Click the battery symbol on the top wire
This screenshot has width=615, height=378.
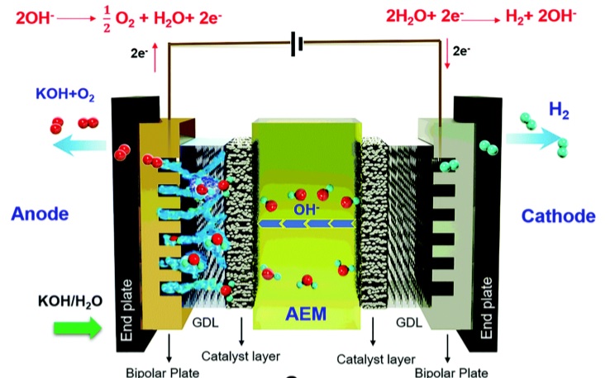pyautogui.click(x=297, y=44)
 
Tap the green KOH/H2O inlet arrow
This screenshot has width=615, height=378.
pyautogui.click(x=77, y=328)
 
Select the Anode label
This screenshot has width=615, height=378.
pyautogui.click(x=40, y=214)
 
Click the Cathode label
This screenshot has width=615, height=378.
pyautogui.click(x=558, y=216)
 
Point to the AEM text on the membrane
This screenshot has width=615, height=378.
pyautogui.click(x=306, y=314)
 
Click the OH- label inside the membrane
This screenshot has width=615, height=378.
pyautogui.click(x=307, y=209)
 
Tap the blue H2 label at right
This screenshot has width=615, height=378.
pyautogui.click(x=559, y=110)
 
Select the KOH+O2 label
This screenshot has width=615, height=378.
pyautogui.click(x=65, y=94)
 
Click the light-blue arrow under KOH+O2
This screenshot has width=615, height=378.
pyautogui.click(x=79, y=145)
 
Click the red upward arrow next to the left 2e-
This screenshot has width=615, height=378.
pyautogui.click(x=155, y=58)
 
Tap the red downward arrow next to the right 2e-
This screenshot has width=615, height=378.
pyautogui.click(x=447, y=54)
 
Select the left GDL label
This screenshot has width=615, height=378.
pyautogui.click(x=205, y=323)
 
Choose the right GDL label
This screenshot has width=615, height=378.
pyautogui.click(x=409, y=323)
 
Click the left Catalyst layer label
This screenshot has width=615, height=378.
pyautogui.click(x=241, y=357)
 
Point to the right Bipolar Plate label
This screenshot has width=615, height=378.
pyautogui.click(x=451, y=372)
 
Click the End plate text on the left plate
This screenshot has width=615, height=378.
pyautogui.click(x=126, y=310)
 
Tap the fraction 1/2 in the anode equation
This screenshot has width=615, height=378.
pyautogui.click(x=107, y=20)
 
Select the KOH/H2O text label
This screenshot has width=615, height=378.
pyautogui.click(x=70, y=301)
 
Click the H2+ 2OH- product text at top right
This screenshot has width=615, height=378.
pyautogui.click(x=541, y=17)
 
